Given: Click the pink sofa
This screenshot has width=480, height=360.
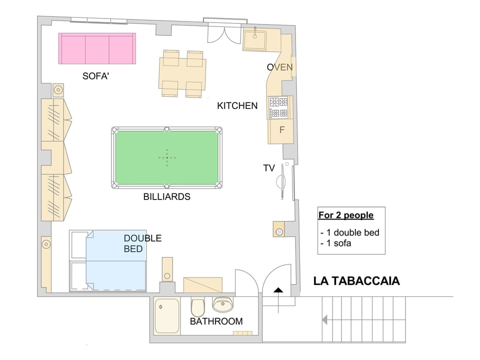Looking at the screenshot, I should click(97, 48).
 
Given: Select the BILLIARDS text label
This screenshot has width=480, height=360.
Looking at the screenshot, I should click(166, 197).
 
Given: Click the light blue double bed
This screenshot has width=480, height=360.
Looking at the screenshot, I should click(116, 260).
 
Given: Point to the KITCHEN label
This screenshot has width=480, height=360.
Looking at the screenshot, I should click(237, 105).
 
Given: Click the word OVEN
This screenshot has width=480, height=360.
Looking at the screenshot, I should click(279, 67).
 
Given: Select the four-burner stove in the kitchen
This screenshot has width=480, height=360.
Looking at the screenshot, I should click(279, 107).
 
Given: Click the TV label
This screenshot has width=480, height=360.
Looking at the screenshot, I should click(269, 168).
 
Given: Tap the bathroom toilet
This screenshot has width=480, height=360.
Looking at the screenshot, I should click(197, 305).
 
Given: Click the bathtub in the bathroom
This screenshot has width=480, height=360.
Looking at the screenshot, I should click(167, 315).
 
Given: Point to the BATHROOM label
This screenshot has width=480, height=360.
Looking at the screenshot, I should click(216, 321).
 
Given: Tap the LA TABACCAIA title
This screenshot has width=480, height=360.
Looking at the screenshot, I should click(356, 281).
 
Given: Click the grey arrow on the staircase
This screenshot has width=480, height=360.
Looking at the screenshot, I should click(325, 319).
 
